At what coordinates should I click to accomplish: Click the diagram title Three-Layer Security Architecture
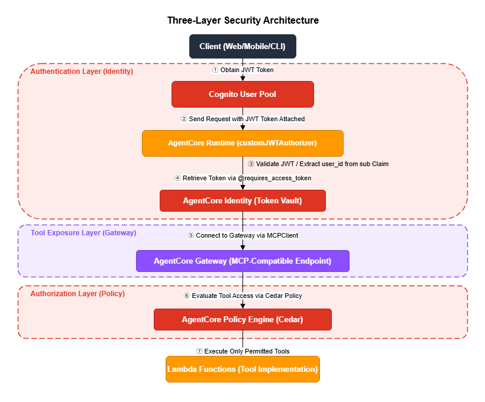[x=242, y=21]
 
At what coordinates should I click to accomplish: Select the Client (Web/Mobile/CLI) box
[x=242, y=47]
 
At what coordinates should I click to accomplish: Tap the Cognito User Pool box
[x=242, y=95]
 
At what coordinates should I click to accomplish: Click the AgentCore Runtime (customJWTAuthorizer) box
[x=242, y=143]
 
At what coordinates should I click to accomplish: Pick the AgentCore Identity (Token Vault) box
[x=242, y=200]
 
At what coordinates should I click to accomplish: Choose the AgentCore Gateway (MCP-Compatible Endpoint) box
[x=242, y=261]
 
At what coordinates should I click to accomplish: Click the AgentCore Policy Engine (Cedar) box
[x=242, y=319]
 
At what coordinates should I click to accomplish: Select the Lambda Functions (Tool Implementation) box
[x=242, y=369]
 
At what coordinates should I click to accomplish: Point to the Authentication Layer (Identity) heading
[x=82, y=72]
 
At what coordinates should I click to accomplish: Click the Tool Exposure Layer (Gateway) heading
[x=83, y=233]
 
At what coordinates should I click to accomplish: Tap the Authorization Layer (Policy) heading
[x=77, y=293]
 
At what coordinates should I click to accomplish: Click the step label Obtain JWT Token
[x=242, y=70]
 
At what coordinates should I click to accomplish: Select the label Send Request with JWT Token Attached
[x=242, y=119]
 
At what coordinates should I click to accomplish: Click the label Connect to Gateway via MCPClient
[x=242, y=235]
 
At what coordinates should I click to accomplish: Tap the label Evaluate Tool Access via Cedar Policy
[x=242, y=296]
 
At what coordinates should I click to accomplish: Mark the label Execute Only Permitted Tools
[x=242, y=351]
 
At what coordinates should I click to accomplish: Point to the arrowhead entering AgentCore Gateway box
[x=242, y=247]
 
